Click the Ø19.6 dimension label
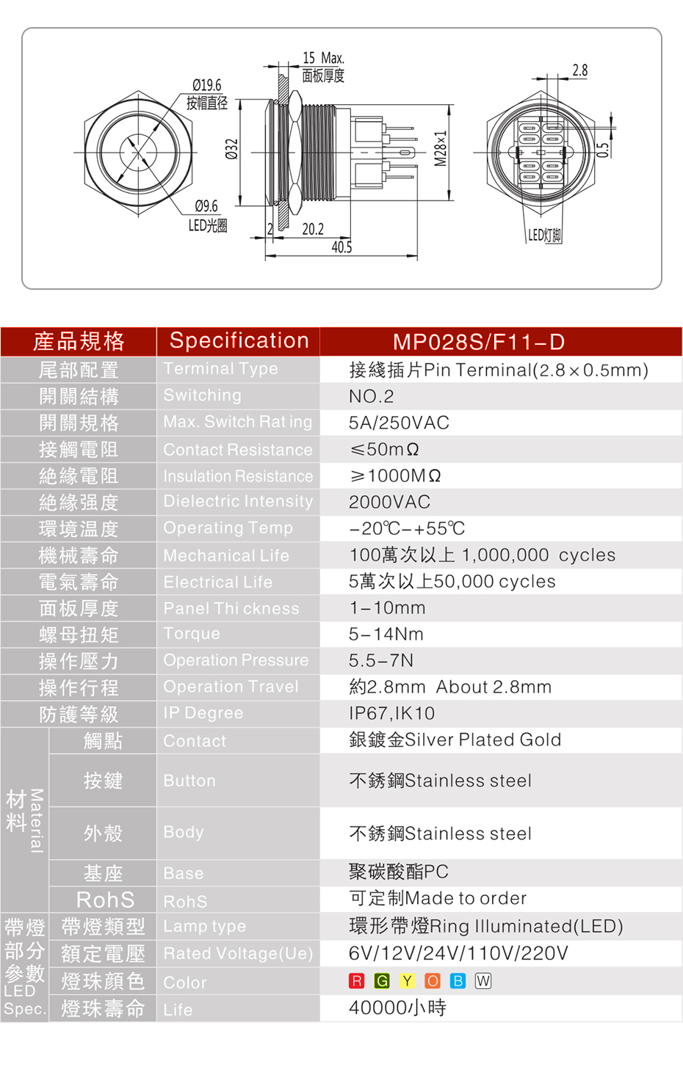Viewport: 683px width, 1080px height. pos(206,85)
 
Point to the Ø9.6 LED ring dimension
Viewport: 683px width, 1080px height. pos(206,206)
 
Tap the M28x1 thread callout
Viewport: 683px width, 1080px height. pos(440,148)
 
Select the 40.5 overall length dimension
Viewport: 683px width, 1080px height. pos(341,247)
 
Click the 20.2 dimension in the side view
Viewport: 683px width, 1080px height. pos(313,229)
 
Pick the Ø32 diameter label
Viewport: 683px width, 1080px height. pos(231,149)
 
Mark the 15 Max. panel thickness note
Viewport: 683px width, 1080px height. pos(323,59)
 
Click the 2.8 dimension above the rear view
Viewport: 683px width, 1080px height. pos(579,71)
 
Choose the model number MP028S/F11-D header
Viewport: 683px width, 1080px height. pos(478,342)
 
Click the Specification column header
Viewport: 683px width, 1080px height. pos(239,341)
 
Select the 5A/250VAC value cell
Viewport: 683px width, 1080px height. pos(399,423)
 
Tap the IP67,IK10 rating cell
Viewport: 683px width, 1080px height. pos(391,713)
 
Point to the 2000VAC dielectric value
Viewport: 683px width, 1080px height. pos(389,502)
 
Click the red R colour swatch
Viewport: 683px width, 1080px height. pos(357,981)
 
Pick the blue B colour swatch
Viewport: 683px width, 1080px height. pos(458,981)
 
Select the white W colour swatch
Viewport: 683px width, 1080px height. pos(483,981)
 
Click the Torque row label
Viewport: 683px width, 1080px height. pos(192,633)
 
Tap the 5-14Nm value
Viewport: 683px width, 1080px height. pos(386,634)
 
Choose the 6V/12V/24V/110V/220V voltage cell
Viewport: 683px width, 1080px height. pos(458,953)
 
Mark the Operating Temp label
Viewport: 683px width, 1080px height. pos(228,528)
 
